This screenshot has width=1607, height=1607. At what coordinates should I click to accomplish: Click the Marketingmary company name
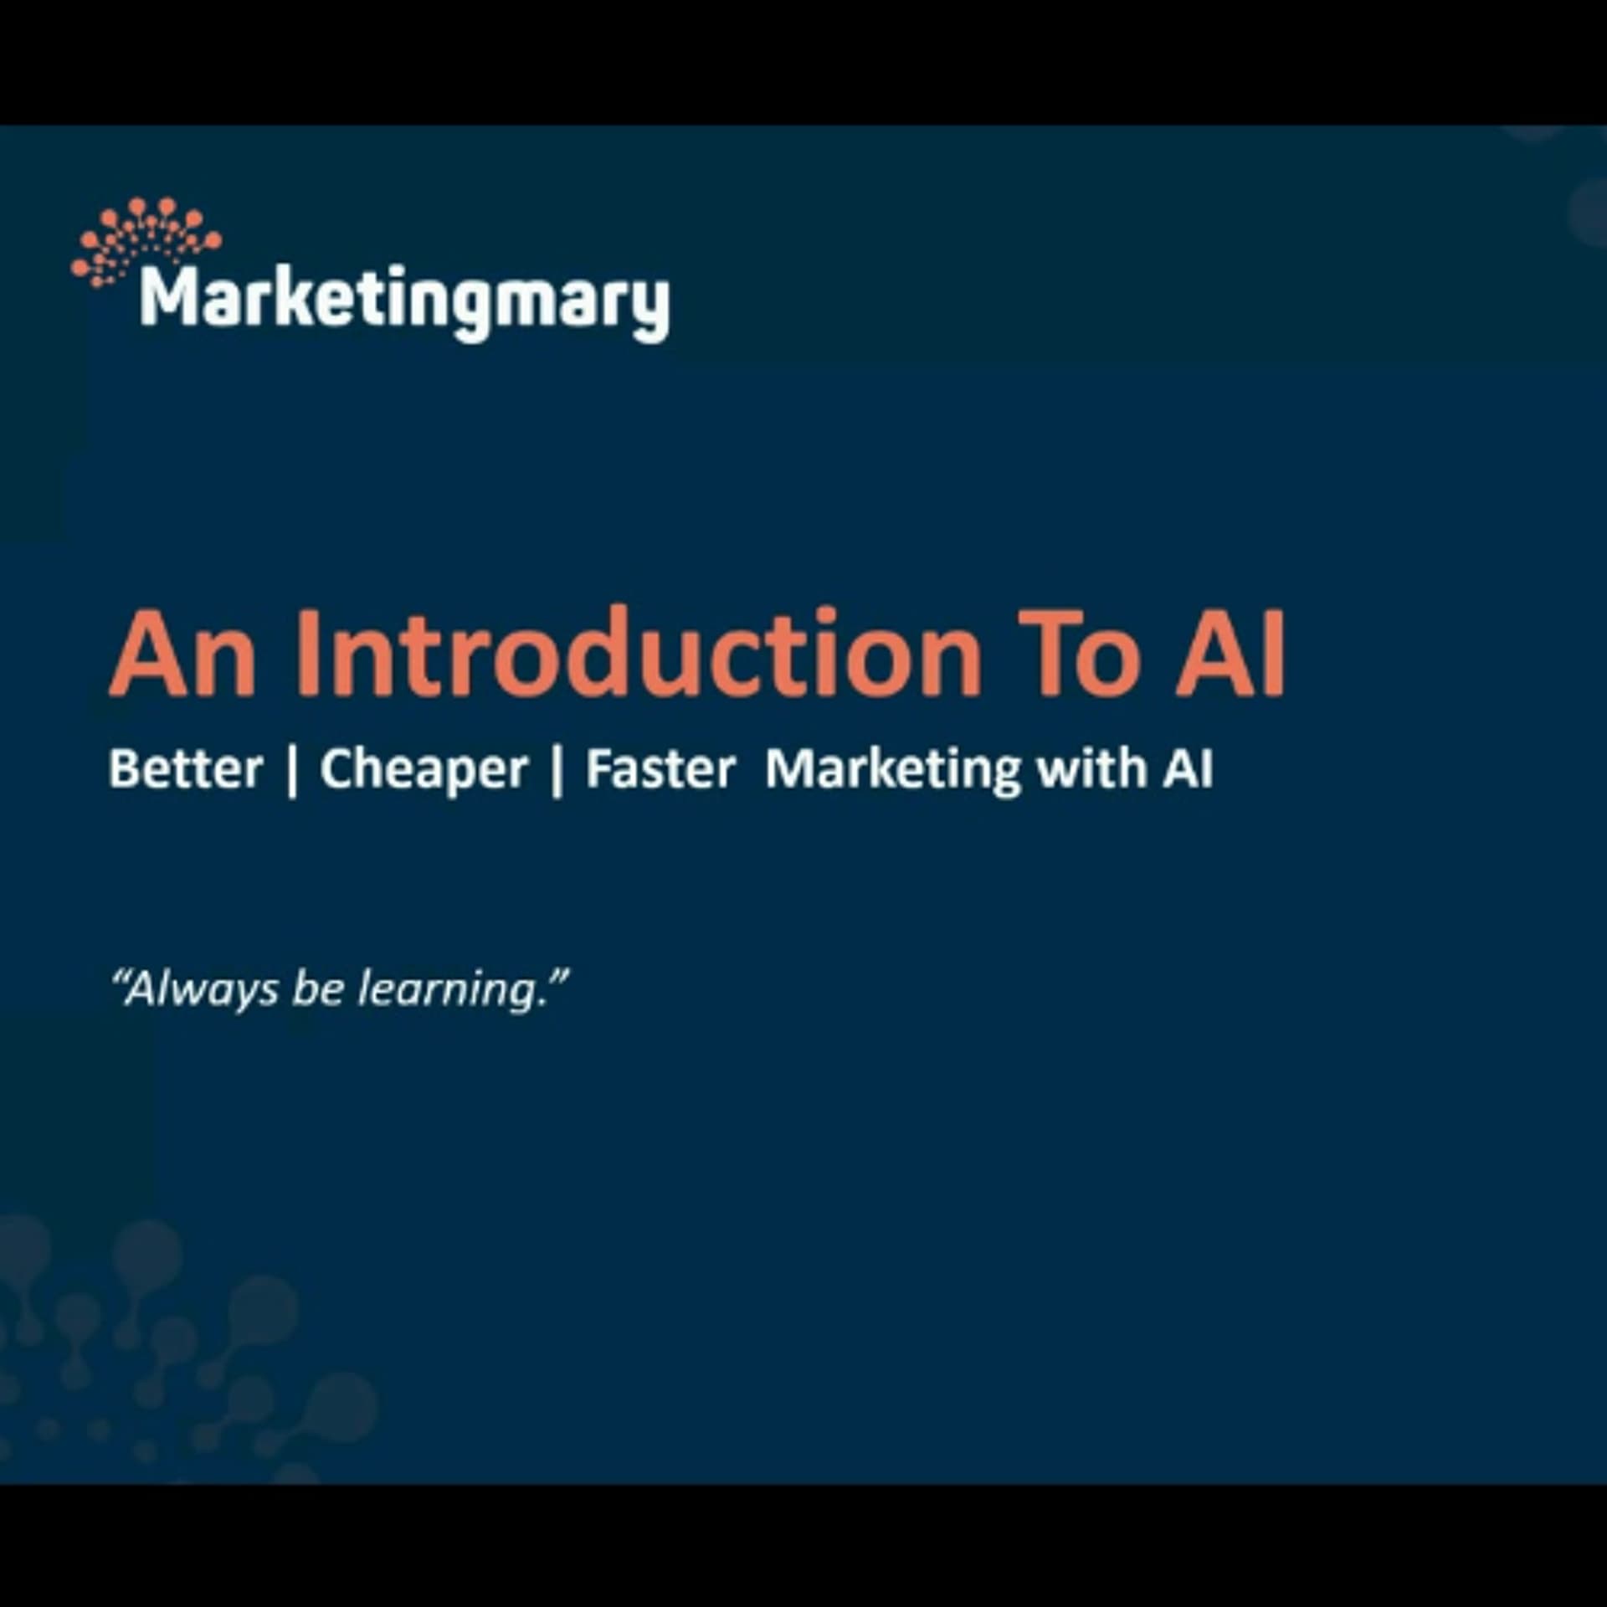(x=405, y=300)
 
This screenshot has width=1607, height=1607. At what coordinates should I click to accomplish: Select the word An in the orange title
(x=182, y=655)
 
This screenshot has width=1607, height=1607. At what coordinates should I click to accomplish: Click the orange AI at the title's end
(x=1230, y=655)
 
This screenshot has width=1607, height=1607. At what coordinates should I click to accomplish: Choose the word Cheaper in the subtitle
(x=424, y=770)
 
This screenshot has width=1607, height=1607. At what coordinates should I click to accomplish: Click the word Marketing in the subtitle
(x=892, y=770)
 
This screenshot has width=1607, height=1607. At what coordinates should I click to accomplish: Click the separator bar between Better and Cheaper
(x=292, y=770)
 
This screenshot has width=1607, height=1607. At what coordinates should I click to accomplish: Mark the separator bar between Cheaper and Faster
(x=557, y=770)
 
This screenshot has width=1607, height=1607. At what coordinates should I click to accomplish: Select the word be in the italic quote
(x=318, y=988)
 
